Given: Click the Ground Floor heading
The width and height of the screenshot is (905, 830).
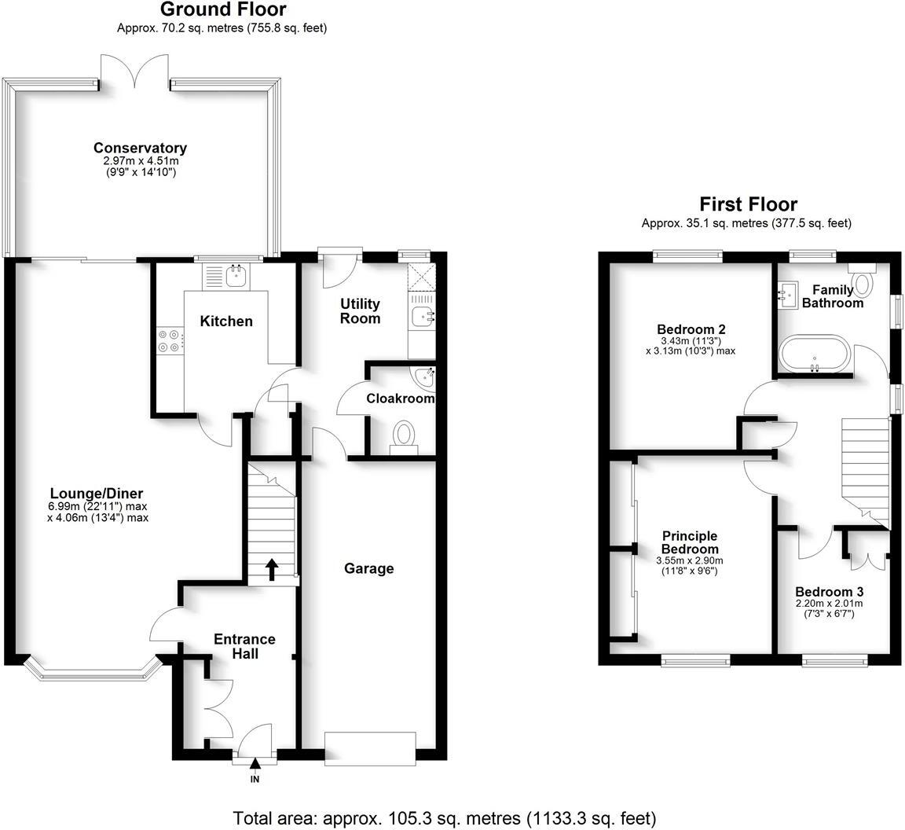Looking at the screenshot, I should click(x=223, y=10).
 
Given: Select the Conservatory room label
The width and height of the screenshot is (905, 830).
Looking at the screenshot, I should click(x=140, y=148).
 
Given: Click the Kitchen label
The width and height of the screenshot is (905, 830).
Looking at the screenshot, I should click(x=226, y=321).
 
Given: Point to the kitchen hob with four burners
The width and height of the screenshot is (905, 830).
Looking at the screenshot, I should click(x=168, y=340).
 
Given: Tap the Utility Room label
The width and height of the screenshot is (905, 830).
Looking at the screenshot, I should click(x=360, y=310).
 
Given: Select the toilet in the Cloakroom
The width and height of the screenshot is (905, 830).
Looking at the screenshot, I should click(x=405, y=435).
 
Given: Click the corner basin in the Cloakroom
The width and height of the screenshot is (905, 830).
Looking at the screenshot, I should click(x=426, y=376).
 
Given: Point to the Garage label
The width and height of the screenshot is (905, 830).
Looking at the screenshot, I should click(x=368, y=568).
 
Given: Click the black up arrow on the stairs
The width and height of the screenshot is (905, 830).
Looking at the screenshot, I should click(x=272, y=567).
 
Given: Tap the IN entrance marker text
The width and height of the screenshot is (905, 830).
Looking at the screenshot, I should click(x=255, y=780).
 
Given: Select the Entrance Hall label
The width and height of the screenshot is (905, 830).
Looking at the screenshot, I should click(x=244, y=646).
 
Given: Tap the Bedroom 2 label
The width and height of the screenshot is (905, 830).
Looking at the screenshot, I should click(x=691, y=329).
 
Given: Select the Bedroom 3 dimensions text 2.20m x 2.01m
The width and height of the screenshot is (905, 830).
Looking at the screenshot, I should click(x=829, y=604).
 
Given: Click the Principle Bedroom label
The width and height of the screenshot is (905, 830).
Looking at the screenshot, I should click(x=690, y=542).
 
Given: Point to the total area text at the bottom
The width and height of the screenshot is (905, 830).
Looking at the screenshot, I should click(x=444, y=818).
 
